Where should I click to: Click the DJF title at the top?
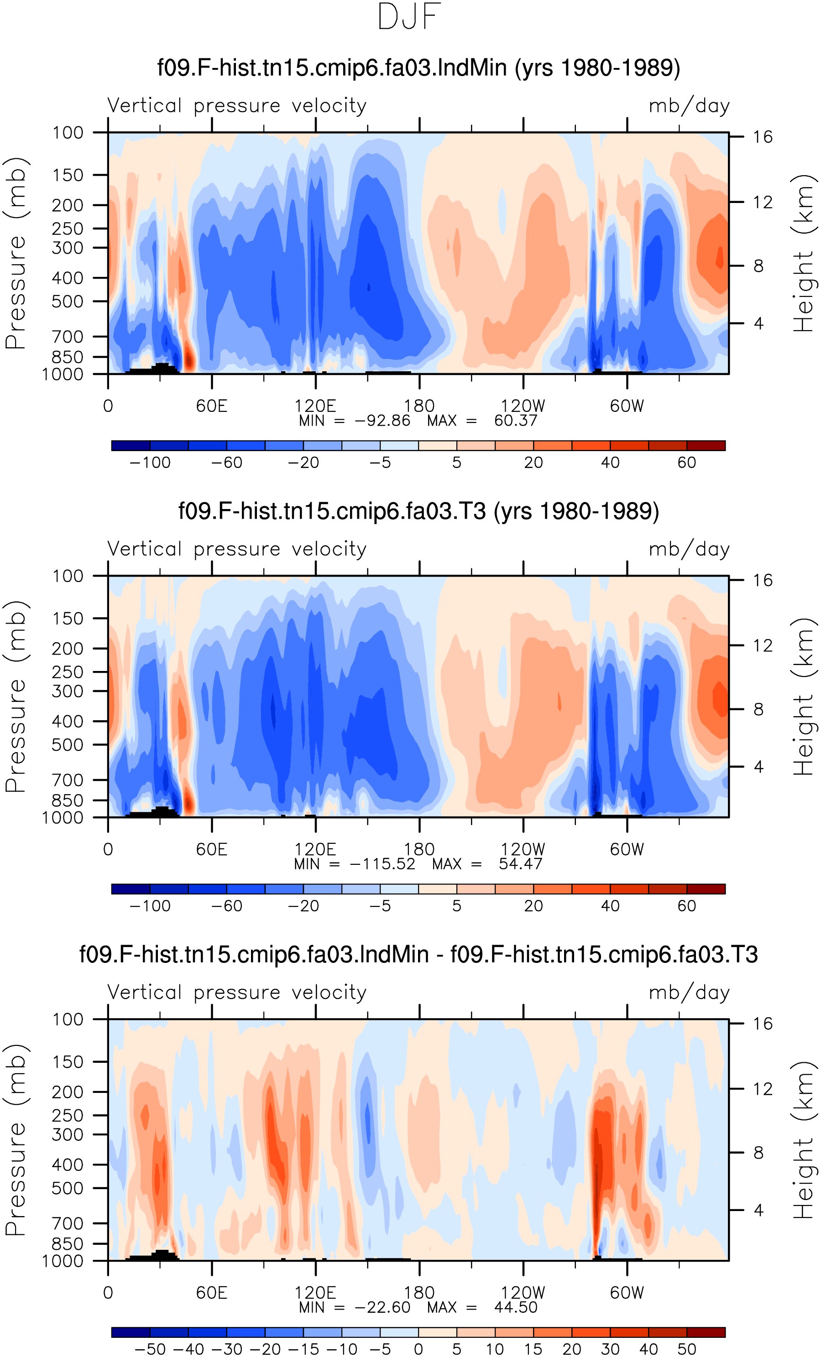(x=409, y=16)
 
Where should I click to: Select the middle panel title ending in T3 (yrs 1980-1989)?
(x=419, y=511)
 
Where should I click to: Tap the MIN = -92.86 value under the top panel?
(x=354, y=421)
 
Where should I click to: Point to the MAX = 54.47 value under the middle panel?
(x=487, y=864)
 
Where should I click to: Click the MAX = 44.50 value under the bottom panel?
(x=482, y=1307)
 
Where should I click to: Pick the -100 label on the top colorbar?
(x=150, y=463)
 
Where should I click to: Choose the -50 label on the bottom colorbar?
(x=150, y=1349)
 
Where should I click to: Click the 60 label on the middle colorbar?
(x=686, y=906)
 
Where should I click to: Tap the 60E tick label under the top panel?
(x=212, y=406)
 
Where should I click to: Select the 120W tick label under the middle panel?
(x=523, y=850)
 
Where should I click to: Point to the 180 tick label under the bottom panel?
(x=419, y=1293)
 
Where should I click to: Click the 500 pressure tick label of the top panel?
(x=68, y=302)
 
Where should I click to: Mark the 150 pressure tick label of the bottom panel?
(x=68, y=1062)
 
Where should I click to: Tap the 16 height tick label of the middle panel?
(x=763, y=581)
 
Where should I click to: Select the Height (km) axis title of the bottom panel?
(x=803, y=1140)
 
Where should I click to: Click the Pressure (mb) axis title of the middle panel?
(x=16, y=697)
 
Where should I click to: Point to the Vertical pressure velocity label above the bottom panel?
(x=237, y=993)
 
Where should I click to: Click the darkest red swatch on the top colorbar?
(x=706, y=446)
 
